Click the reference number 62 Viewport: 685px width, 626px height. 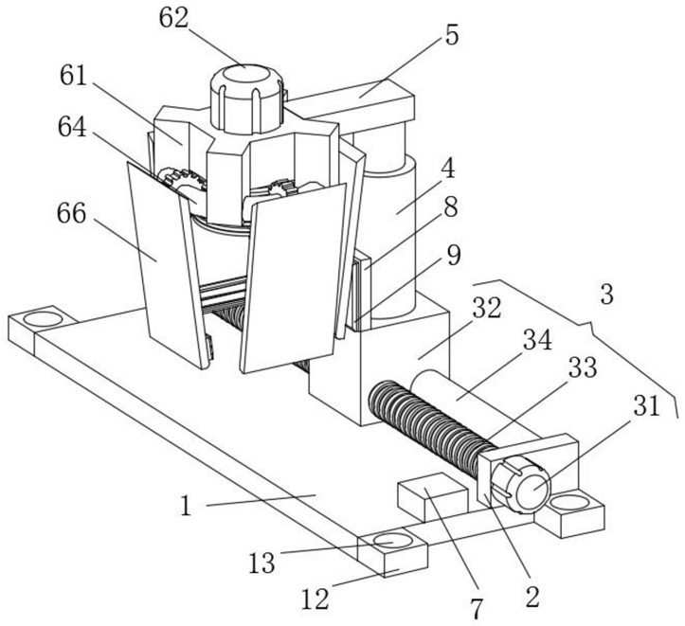coord(174,19)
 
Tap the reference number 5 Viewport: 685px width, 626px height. coord(452,35)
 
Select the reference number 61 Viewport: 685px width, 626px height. coord(74,76)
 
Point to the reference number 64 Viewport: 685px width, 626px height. coord(73,127)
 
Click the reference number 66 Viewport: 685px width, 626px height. coord(71,214)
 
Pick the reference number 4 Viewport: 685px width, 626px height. coord(449,169)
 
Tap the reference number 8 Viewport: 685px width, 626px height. coord(451,206)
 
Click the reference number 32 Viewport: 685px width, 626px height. coord(487,308)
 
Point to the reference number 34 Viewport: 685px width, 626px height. coord(538,340)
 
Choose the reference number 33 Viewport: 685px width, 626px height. coord(583,367)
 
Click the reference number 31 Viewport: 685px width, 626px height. coord(646,406)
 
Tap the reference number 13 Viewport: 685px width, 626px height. coord(262,563)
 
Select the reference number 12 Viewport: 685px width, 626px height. coord(315,599)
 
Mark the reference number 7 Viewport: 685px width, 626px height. coord(477,609)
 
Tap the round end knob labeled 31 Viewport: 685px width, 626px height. coord(523,486)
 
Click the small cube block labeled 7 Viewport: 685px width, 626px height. coord(432,496)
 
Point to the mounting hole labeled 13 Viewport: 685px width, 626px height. coord(392,542)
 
